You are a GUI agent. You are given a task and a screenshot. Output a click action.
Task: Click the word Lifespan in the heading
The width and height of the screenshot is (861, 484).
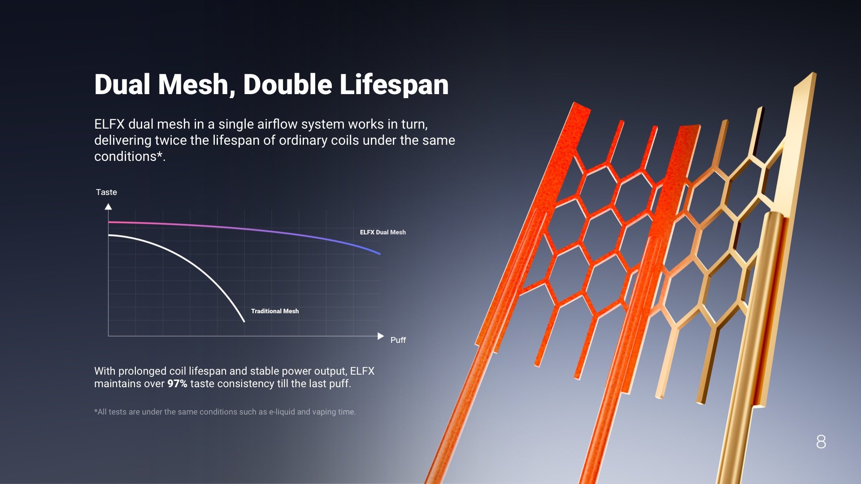click(x=394, y=85)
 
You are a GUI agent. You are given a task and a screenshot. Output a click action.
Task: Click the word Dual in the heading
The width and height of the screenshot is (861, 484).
click(x=122, y=85)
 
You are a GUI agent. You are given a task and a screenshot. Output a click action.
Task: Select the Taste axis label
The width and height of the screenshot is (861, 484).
click(x=106, y=192)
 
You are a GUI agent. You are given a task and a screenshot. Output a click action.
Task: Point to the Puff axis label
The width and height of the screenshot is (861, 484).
click(x=398, y=340)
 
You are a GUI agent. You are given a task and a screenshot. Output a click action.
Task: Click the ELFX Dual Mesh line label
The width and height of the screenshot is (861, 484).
click(x=383, y=232)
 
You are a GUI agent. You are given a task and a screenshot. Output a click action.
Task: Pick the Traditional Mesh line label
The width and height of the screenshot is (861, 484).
click(x=274, y=311)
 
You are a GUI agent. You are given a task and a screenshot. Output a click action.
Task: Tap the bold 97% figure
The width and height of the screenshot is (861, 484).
click(x=177, y=384)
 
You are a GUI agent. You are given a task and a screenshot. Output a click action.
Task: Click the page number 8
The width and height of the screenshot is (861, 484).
click(x=821, y=442)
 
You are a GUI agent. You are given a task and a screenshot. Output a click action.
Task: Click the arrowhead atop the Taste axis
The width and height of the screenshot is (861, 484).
click(x=108, y=207)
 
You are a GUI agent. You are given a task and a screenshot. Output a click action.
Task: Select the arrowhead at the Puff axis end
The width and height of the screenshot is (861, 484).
click(x=381, y=336)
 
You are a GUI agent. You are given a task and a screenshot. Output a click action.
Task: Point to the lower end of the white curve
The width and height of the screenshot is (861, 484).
click(x=244, y=321)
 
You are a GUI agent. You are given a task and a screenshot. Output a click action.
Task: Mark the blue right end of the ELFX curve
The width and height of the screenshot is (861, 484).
click(x=380, y=254)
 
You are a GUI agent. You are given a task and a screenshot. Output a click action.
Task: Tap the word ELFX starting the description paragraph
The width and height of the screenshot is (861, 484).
click(x=109, y=124)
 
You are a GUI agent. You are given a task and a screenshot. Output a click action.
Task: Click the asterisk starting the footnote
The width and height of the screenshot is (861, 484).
click(x=96, y=411)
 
